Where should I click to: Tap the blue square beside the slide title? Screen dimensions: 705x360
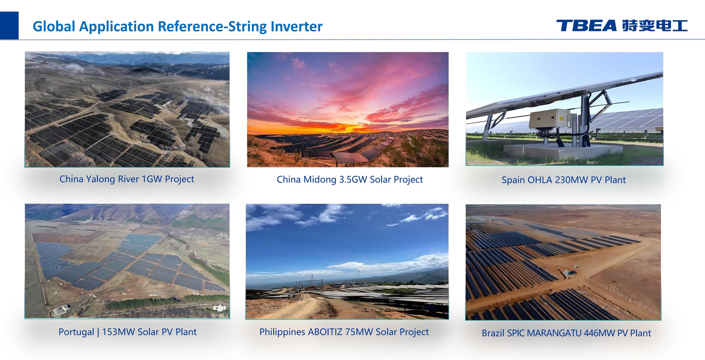coord(9,25)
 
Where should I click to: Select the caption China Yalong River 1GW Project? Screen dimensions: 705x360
coord(127,179)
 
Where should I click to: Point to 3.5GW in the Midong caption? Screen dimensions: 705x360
coord(353,179)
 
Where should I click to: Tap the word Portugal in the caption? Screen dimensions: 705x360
coord(76,332)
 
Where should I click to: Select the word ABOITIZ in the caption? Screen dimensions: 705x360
coord(325,332)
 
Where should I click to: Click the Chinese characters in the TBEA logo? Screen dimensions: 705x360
coord(655,26)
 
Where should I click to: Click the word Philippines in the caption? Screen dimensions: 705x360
coord(282,332)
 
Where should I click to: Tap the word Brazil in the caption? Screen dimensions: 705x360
coord(493,333)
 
